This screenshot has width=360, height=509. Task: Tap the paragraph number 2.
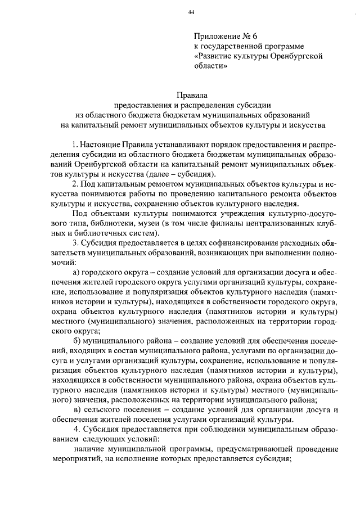pyautogui.click(x=76, y=184)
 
